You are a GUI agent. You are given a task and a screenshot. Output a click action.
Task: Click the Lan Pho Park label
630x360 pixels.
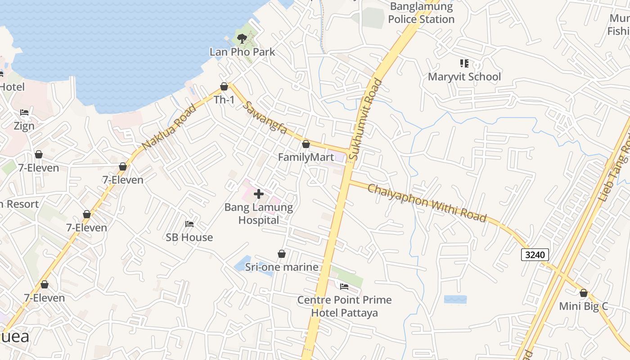[242, 52]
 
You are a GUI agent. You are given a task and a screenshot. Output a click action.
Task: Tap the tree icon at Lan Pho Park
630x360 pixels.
[242, 38]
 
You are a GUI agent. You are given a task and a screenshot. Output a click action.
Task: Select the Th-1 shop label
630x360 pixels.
[224, 99]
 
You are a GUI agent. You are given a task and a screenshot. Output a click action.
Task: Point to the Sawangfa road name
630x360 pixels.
[265, 118]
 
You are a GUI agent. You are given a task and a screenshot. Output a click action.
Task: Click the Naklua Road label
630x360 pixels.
[169, 127]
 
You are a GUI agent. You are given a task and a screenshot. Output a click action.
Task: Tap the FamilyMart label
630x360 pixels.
[306, 157]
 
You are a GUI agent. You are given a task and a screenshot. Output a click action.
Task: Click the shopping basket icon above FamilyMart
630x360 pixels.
[306, 144]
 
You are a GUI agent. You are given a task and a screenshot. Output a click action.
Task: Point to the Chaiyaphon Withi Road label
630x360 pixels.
[427, 202]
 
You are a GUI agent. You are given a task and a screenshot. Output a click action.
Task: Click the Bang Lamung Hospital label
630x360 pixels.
[259, 214]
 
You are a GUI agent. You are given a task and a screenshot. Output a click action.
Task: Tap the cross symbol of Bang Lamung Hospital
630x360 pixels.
[259, 194]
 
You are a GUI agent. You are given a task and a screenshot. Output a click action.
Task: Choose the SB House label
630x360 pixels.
[189, 237]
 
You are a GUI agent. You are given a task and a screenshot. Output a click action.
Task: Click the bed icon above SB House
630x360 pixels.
[189, 224]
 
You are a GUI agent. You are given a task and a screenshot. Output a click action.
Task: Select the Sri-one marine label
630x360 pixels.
[282, 267]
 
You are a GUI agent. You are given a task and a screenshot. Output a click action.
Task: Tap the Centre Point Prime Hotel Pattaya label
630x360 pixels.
[344, 306]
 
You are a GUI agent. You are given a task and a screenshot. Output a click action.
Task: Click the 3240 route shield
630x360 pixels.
[535, 255]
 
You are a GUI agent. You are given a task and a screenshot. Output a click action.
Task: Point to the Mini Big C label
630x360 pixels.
[583, 306]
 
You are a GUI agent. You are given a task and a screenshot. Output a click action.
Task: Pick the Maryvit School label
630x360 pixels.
[464, 76]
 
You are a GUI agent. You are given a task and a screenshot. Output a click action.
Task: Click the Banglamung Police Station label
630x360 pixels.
[421, 13]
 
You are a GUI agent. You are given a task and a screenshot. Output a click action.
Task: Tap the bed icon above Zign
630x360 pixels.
[24, 112]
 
